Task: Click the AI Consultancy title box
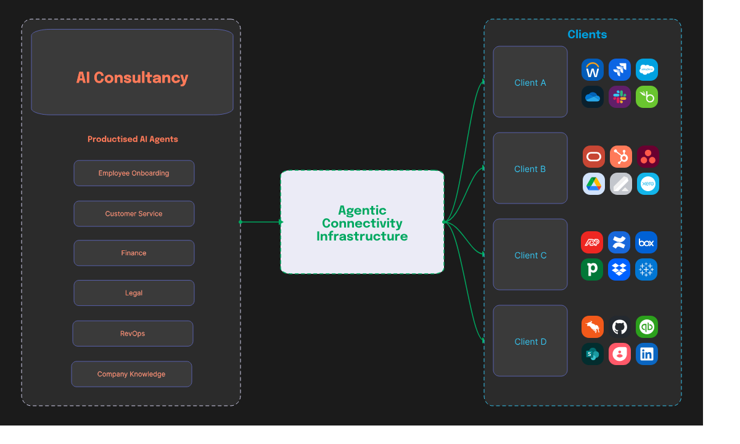[x=132, y=72]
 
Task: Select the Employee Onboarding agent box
[x=134, y=173]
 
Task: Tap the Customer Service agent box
[x=134, y=214]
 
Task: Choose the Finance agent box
[x=134, y=253]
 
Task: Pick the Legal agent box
[x=134, y=293]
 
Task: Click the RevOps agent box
[x=133, y=334]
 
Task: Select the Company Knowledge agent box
[x=131, y=374]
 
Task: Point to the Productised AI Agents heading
[x=133, y=139]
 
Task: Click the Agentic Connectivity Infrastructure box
[x=362, y=223]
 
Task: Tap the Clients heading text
[x=587, y=35]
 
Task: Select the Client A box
[x=530, y=82]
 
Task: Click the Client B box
[x=530, y=168]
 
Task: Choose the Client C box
[x=530, y=255]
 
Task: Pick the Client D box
[x=530, y=341]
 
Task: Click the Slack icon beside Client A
[x=620, y=97]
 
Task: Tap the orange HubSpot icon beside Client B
[x=621, y=157]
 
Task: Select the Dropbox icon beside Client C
[x=619, y=269]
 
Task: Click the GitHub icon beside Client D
[x=620, y=327]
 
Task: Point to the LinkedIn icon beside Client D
[x=647, y=354]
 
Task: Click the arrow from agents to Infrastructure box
[x=261, y=222]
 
